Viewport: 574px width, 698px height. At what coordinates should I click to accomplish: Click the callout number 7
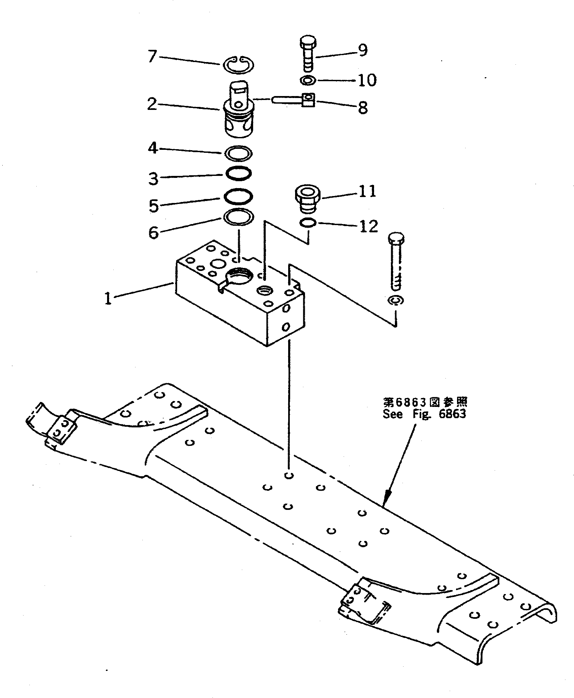tap(152, 56)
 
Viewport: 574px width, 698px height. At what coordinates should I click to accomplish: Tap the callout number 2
tap(152, 104)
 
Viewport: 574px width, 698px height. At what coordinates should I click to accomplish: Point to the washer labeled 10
tap(308, 80)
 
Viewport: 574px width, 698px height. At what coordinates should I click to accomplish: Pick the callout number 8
tap(363, 108)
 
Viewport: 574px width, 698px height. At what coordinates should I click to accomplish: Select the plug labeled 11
tap(308, 199)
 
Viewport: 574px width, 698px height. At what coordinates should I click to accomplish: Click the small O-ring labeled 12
tap(308, 223)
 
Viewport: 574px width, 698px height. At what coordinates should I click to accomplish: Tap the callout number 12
tap(368, 226)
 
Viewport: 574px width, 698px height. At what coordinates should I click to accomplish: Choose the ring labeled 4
tap(238, 153)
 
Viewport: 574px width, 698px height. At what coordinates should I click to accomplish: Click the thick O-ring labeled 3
tap(238, 173)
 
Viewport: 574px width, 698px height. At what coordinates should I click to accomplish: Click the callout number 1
tap(108, 298)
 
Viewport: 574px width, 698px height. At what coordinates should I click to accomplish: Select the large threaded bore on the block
tap(239, 275)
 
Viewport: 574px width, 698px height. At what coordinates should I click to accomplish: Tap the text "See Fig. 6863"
tap(424, 414)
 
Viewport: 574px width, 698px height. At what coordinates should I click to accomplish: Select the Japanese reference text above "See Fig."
tap(425, 402)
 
